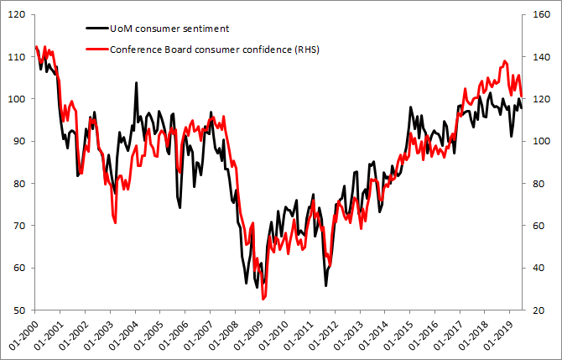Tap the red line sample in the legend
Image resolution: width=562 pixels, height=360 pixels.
[x=96, y=50]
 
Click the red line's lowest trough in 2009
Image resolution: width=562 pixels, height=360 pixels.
[x=263, y=299]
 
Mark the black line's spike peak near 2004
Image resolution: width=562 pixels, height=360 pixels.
[x=137, y=82]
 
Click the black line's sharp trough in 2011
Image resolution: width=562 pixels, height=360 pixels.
[x=325, y=286]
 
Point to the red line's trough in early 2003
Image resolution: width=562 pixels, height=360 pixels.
[x=114, y=222]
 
